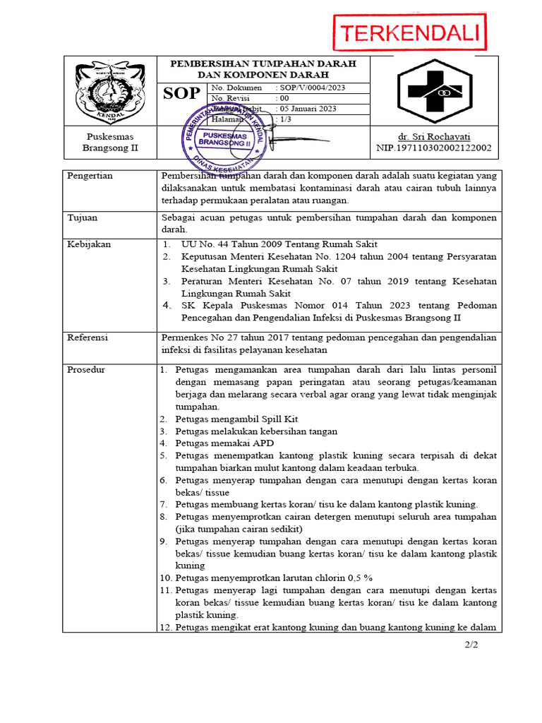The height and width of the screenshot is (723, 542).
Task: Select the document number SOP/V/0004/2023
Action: coord(313,88)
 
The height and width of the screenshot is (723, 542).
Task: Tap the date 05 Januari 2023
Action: coord(309,109)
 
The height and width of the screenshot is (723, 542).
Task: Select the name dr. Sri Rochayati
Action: coord(433,136)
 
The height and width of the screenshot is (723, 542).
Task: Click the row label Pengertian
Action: coord(90,176)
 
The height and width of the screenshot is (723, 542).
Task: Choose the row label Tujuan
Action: coord(82,217)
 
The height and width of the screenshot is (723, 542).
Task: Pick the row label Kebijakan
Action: coord(88,244)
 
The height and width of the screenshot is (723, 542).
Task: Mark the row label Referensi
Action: coord(88,337)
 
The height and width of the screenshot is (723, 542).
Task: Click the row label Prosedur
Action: coord(86,370)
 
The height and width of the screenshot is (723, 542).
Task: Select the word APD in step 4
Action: coord(265,443)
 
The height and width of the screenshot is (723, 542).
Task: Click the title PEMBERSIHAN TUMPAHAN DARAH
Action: coord(263,64)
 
